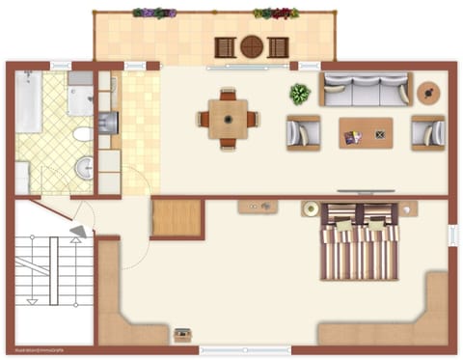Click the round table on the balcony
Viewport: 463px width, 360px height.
[x=251, y=45]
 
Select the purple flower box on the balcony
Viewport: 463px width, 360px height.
[x=154, y=14]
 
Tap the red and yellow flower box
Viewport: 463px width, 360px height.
[x=275, y=14]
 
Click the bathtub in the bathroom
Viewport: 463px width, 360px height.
[x=28, y=102]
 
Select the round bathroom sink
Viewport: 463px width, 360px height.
[x=85, y=166]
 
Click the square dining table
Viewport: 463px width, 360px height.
[x=229, y=120]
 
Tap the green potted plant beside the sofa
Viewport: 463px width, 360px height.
[x=300, y=94]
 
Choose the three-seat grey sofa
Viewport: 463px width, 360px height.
[x=365, y=90]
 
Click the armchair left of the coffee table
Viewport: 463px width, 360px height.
[x=303, y=132]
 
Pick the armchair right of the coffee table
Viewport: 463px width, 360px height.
[x=427, y=132]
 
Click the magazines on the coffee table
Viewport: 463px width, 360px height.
[x=353, y=137]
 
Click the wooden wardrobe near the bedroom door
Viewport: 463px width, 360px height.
[x=177, y=218]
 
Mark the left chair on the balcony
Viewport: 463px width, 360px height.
[x=225, y=46]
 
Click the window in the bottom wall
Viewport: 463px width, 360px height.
[x=244, y=350]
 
